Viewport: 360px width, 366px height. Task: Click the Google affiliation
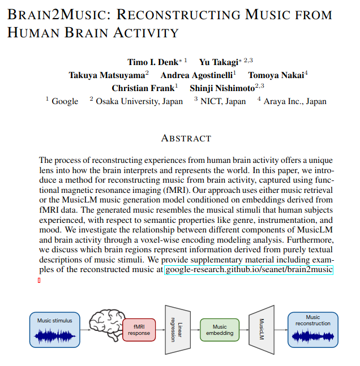coord(65,101)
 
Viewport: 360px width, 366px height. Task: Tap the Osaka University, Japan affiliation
coord(139,101)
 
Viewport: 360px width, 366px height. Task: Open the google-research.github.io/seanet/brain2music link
coord(248,270)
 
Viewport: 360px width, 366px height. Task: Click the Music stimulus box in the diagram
coord(55,330)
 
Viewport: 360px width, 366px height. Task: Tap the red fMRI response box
coord(139,330)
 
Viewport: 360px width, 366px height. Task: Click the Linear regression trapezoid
coord(177,330)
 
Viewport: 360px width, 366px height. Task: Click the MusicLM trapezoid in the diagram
coord(261,330)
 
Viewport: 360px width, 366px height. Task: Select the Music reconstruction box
coord(312,330)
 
